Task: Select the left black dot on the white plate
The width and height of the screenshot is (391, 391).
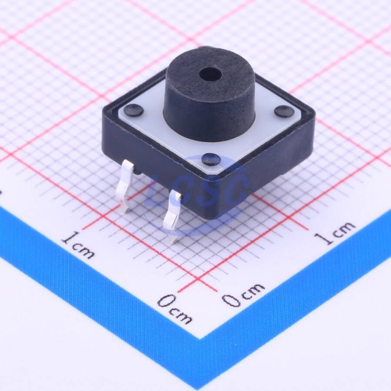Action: [134, 110]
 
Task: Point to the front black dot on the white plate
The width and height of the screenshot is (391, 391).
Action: [212, 159]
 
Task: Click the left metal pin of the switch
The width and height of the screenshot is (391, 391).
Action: [126, 185]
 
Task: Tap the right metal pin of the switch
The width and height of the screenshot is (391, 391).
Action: [172, 215]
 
